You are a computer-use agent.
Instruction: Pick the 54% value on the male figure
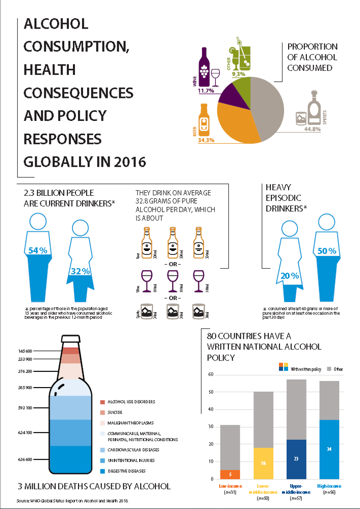pos(37,250)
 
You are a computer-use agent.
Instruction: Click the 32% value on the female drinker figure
pos(80,271)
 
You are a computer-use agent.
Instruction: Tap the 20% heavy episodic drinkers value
pos(289,276)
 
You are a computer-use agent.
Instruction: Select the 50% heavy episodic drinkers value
pos(327,251)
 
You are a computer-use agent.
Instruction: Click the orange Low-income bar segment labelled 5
pos(230,474)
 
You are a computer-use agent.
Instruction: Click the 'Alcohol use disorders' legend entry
pos(131,402)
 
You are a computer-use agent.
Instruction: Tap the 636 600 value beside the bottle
pos(25,459)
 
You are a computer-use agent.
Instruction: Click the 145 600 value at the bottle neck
pos(25,351)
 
